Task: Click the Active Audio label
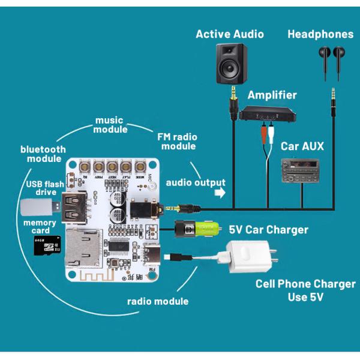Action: (229, 34)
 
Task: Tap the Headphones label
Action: (320, 34)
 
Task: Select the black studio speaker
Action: (230, 64)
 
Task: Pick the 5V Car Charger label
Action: (268, 230)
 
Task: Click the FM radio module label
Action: (176, 142)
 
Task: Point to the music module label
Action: (111, 125)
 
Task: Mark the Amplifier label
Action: (272, 95)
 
